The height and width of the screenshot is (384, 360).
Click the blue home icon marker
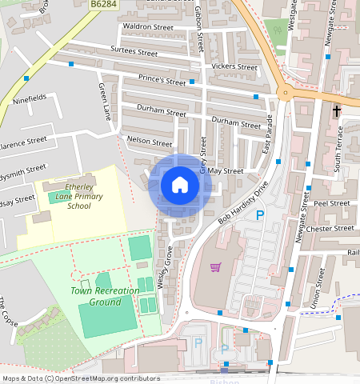pos(180,186)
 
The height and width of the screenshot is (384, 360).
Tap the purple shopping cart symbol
pos(214,267)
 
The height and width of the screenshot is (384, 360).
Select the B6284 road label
pos(104,5)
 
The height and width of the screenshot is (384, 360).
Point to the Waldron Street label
pos(147,27)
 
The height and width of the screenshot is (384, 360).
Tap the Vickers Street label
pos(230,66)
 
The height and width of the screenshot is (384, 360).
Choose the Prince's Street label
pos(162,81)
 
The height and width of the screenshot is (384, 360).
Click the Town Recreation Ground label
pos(95,297)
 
